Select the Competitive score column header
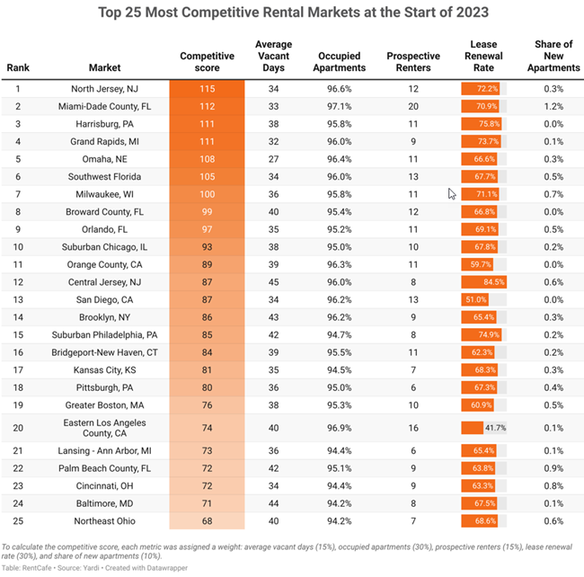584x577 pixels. pos(207,61)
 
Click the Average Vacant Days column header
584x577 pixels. pos(273,56)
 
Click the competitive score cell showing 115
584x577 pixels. pos(207,89)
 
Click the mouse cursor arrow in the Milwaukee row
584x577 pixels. pos(452,193)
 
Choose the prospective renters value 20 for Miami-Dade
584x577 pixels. pos(413,106)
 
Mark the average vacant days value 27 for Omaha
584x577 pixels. pos(273,158)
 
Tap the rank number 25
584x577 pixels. pos(17,521)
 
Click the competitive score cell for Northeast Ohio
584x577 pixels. pos(207,521)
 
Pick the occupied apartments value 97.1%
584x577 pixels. pos(341,106)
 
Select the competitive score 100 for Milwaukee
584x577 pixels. pos(207,193)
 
